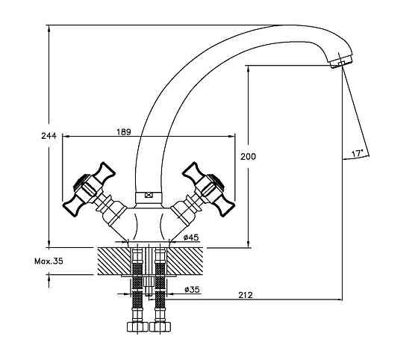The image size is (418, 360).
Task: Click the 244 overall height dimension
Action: pos(49,136)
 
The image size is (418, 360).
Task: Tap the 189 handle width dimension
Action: pos(124,131)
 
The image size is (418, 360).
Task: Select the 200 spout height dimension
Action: pos(248,156)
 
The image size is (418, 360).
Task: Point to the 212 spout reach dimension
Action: pos(246,295)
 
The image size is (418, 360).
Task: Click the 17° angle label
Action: pos(358,154)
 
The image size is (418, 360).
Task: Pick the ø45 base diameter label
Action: pos(191,237)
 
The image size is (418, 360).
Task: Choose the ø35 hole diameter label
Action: pos(192,289)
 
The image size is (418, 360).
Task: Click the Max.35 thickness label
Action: pos(49,261)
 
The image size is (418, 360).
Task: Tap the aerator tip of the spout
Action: pos(340,62)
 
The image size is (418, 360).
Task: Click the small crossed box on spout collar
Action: pos(149,195)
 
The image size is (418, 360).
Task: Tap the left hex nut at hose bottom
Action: pos(137,326)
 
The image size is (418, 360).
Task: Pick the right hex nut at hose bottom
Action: pos(160,326)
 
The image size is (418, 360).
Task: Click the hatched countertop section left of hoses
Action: pos(114,261)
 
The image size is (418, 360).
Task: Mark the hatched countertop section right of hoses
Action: pos(185,261)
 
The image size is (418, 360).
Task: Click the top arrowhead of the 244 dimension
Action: pos(49,28)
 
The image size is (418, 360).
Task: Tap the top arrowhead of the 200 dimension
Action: pos(248,69)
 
